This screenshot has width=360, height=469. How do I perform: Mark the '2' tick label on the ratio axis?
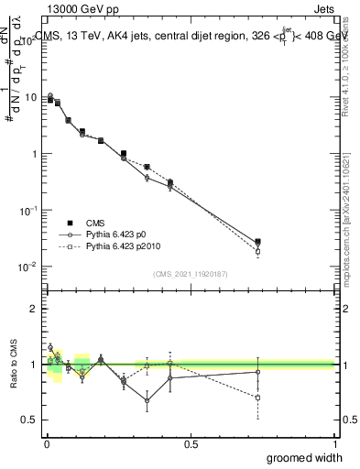point(34,309)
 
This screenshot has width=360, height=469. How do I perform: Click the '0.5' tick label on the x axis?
point(191,442)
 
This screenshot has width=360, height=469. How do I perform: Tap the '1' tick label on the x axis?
point(334,442)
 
